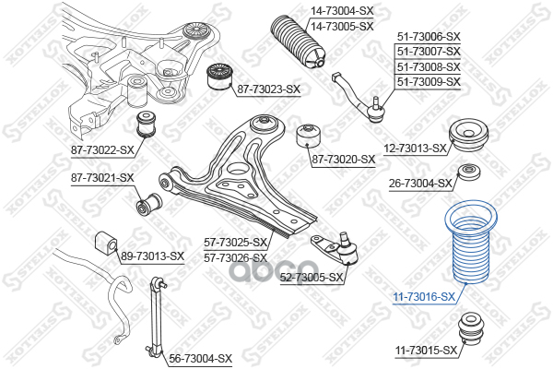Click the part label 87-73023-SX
tap(268, 89)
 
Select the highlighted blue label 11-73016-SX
tap(424, 296)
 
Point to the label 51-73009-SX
tap(428, 81)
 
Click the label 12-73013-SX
tap(415, 148)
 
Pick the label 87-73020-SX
tap(343, 159)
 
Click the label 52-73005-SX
tap(312, 277)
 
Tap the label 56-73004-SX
tap(200, 357)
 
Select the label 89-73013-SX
tap(153, 256)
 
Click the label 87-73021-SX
tap(102, 177)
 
